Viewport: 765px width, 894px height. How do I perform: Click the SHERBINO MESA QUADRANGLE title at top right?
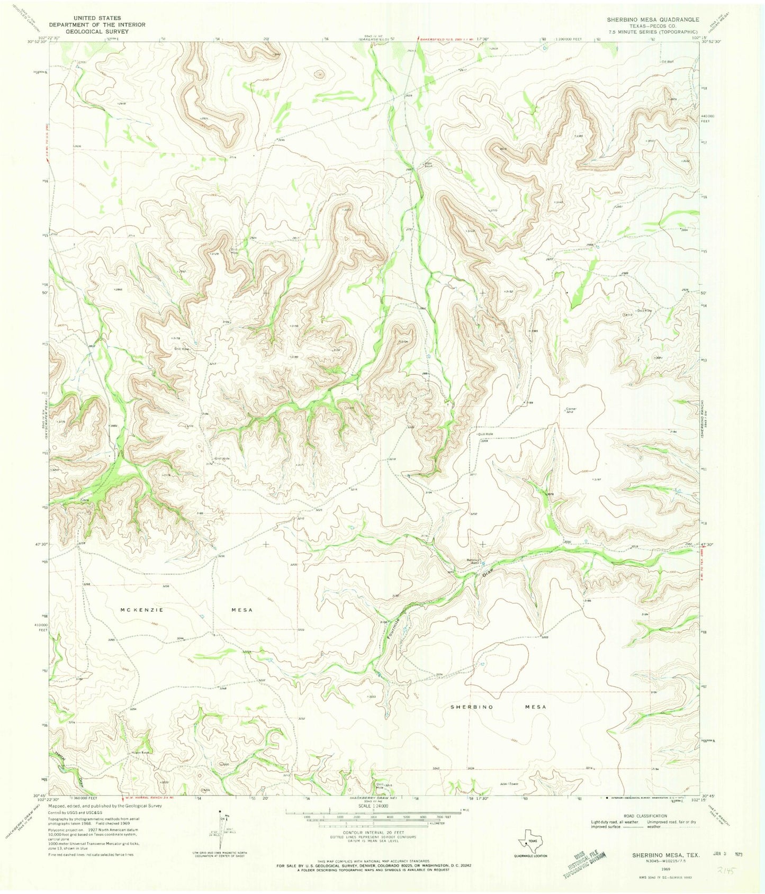653,19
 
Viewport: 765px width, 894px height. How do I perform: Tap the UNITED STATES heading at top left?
85,18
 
